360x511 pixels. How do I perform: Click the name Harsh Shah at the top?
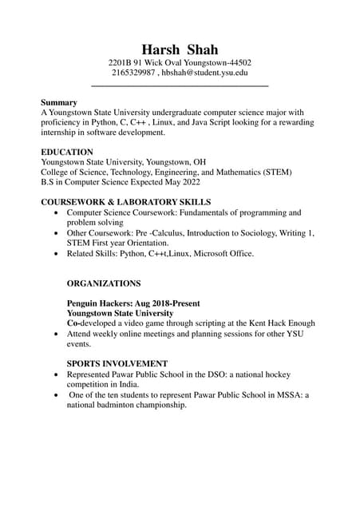(x=180, y=50)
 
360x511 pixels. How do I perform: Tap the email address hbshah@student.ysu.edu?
(x=205, y=73)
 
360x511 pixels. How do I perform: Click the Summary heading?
(x=59, y=102)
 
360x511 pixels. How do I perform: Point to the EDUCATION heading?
(x=67, y=152)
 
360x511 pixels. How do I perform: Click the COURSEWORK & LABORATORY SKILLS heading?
(x=126, y=202)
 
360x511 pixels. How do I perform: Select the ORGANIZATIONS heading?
(x=104, y=283)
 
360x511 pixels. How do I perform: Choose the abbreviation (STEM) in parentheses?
(x=276, y=172)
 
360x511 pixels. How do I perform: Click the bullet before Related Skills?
(x=54, y=254)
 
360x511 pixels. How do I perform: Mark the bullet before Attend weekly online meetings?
(x=54, y=335)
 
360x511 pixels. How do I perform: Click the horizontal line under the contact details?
(x=180, y=85)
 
